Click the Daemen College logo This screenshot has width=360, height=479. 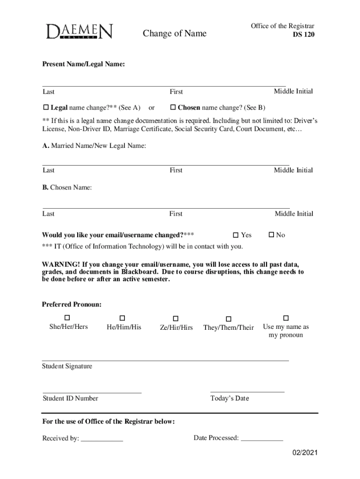[x=79, y=32]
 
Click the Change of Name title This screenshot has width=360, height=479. [x=174, y=33]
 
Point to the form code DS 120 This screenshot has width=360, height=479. [x=303, y=35]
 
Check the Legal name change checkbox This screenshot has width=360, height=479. [x=46, y=108]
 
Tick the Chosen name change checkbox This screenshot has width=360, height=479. [x=173, y=108]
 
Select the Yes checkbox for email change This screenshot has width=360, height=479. [x=236, y=235]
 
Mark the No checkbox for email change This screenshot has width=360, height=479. [x=271, y=235]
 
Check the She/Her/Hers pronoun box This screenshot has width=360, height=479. [x=68, y=318]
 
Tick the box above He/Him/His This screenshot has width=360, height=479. [x=123, y=318]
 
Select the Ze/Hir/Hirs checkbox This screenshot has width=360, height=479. [x=176, y=319]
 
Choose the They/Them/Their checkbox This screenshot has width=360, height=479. [x=228, y=319]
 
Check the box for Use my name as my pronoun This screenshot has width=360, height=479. [x=286, y=318]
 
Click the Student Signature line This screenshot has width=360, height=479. [x=166, y=360]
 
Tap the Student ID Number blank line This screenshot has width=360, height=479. [x=92, y=392]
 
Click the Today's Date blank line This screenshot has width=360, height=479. [x=247, y=392]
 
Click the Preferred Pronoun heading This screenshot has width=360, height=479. [x=72, y=305]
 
